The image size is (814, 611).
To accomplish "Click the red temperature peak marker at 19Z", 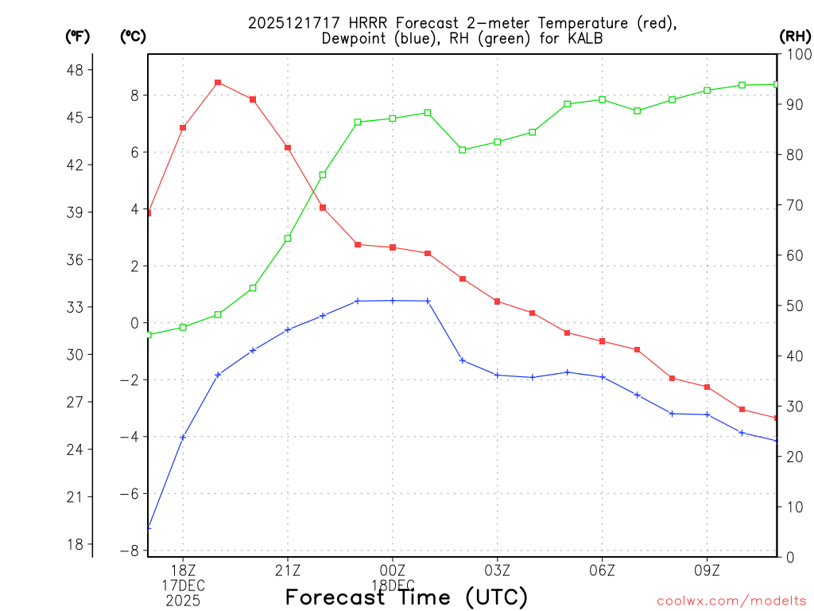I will point(218,83).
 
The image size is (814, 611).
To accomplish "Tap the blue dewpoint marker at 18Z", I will point(183,437).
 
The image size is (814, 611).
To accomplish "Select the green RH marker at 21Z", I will point(288,239).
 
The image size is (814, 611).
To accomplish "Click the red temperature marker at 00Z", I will point(393,247).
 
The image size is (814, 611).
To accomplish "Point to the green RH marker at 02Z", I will point(463,150).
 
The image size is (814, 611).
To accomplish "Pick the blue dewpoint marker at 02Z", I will point(463,360).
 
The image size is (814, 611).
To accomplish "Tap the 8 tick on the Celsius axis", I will point(134,95).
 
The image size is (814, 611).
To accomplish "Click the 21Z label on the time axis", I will point(288,570).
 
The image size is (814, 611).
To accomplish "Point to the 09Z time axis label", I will point(707,570).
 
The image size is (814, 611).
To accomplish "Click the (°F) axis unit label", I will point(77,36).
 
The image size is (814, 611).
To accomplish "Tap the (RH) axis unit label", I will point(795,36).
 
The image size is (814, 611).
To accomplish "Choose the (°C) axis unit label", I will point(133,36).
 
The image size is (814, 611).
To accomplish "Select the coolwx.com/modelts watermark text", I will point(731,601).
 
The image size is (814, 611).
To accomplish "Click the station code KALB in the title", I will point(584,38).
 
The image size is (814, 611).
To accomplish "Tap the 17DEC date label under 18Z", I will point(183,586).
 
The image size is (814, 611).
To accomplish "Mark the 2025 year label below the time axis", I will point(183,601).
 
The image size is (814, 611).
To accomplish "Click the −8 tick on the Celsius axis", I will point(130,551).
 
